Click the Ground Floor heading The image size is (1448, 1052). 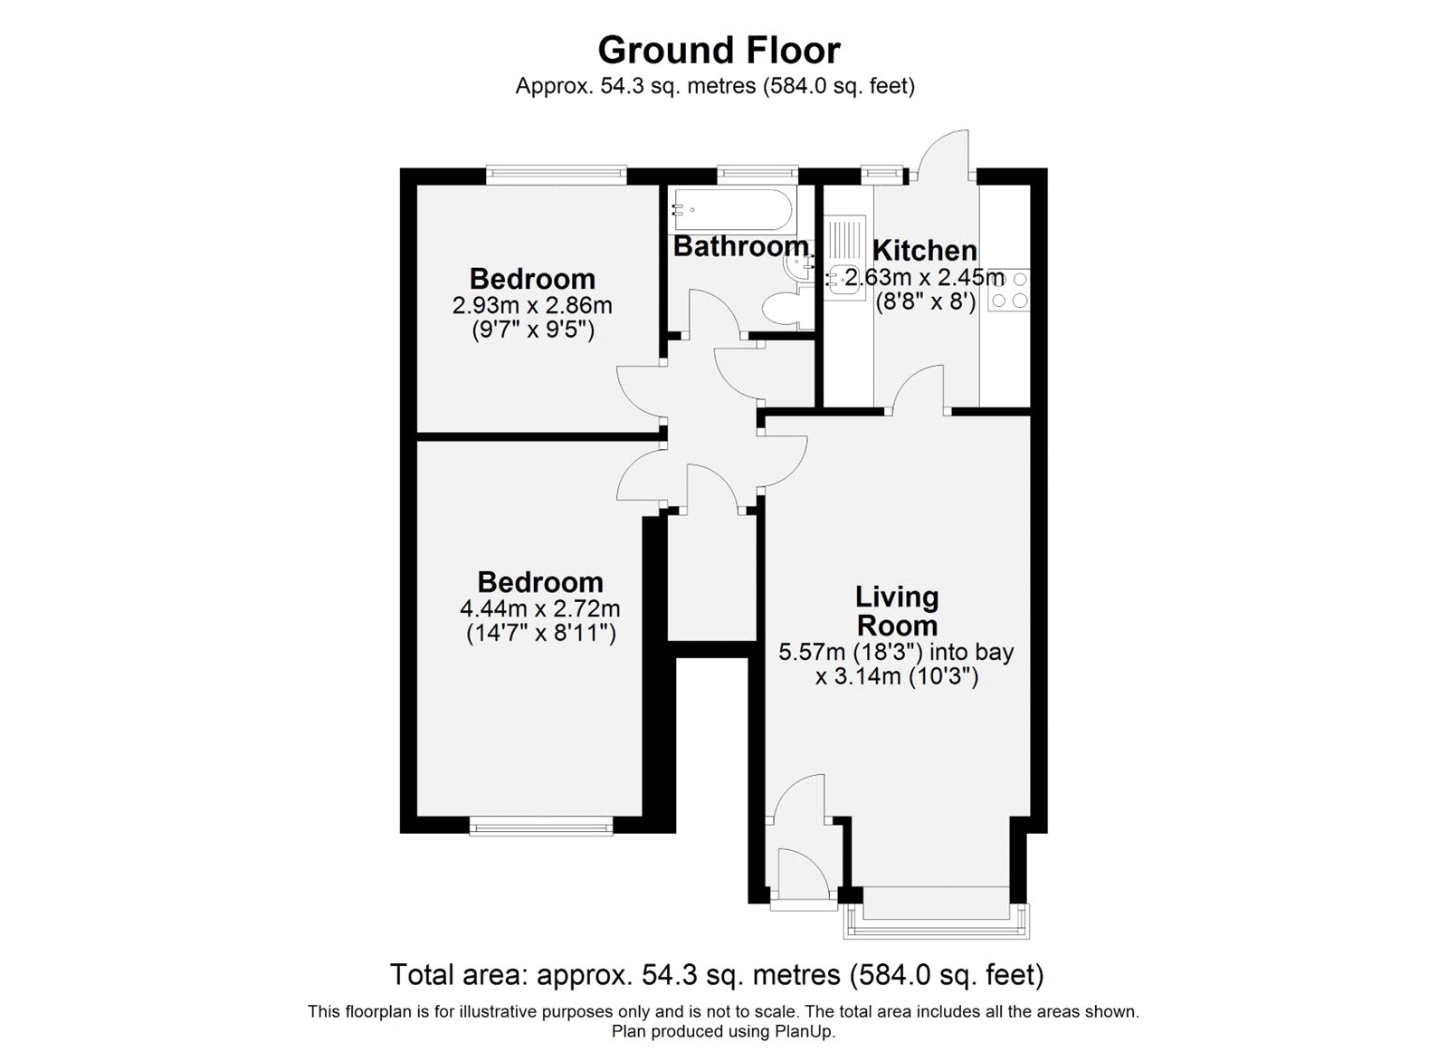[719, 50]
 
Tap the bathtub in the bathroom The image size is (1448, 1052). [731, 210]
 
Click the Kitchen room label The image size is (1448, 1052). [924, 250]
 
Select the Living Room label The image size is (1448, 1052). [897, 611]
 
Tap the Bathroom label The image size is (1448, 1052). [740, 245]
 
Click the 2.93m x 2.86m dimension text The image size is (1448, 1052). [532, 305]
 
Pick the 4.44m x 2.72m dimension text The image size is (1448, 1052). [540, 608]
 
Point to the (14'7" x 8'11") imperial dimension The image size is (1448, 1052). [540, 633]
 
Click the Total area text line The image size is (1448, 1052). [717, 975]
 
